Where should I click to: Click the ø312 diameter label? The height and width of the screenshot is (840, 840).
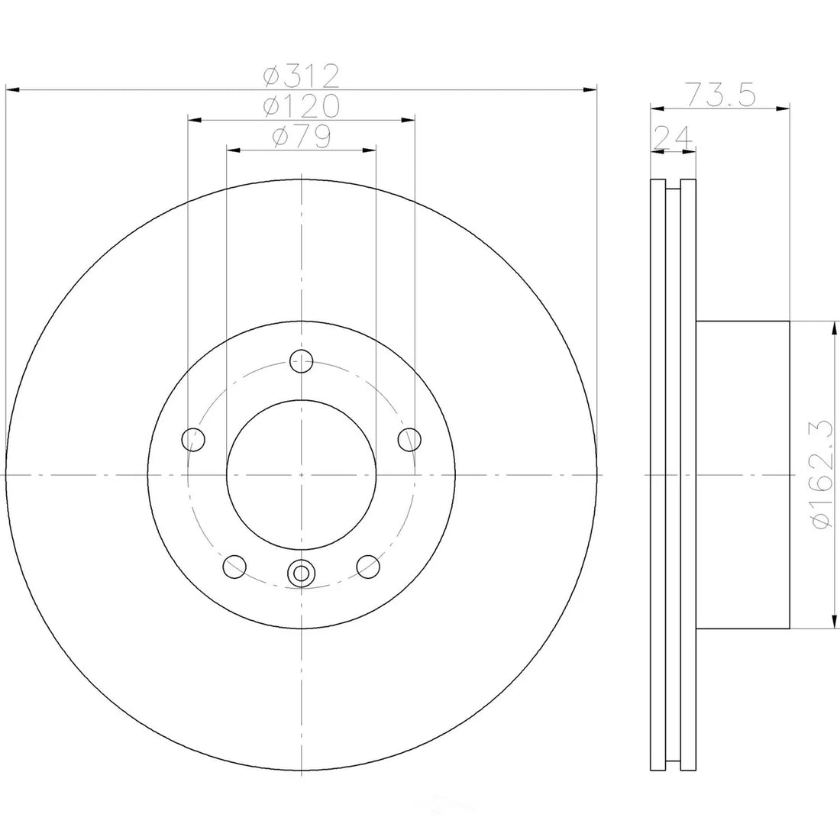[x=302, y=76]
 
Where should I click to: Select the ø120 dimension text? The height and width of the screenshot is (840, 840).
[x=302, y=106]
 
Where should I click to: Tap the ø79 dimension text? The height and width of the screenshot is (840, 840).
[x=302, y=137]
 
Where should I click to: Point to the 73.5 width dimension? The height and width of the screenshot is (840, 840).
[x=721, y=95]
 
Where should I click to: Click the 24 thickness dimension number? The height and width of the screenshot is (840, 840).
[x=673, y=137]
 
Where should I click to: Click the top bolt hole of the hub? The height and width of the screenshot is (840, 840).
[x=302, y=361]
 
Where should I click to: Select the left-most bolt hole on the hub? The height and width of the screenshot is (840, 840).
[x=193, y=440]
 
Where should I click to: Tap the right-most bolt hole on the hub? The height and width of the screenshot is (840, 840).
[x=409, y=439]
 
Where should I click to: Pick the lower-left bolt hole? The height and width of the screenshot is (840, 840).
[x=234, y=567]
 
